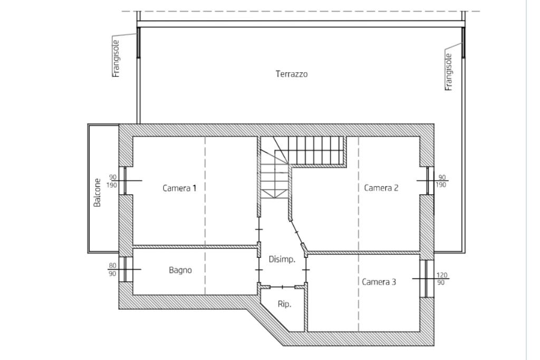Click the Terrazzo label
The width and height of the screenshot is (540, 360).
(x=291, y=74)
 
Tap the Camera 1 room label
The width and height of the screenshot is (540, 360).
(x=179, y=188)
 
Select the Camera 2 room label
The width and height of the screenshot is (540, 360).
(x=381, y=188)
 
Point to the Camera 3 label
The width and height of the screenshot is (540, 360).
(x=379, y=282)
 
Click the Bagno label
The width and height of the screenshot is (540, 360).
(x=180, y=270)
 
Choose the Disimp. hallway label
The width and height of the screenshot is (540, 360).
(x=282, y=259)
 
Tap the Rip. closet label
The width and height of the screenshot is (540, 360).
(x=284, y=304)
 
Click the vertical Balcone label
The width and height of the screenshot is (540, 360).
(x=98, y=193)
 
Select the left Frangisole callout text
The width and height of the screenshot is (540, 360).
(x=116, y=59)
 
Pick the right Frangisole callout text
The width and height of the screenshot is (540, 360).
(x=448, y=72)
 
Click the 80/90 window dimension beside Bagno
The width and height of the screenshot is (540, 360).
(x=112, y=270)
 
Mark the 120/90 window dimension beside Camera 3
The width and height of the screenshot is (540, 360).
(x=442, y=279)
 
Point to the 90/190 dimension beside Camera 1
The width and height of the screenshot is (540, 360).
(x=113, y=181)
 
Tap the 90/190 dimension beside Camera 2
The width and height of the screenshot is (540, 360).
(x=441, y=181)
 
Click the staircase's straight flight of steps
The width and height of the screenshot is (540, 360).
(x=315, y=150)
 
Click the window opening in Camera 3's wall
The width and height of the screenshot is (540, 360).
(x=426, y=278)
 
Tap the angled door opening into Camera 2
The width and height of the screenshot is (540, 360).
(x=297, y=232)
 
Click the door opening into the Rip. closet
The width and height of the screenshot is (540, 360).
(x=283, y=287)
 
